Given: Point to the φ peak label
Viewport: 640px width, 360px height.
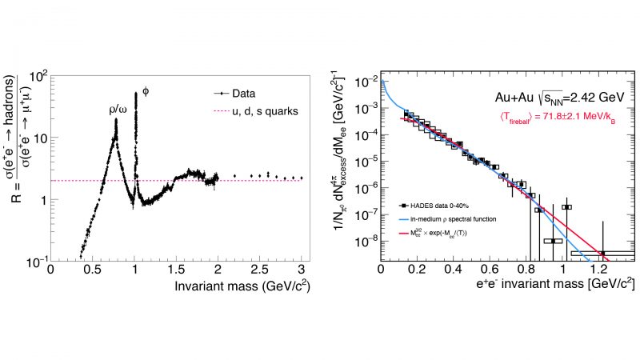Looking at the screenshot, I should pyautogui.click(x=146, y=90).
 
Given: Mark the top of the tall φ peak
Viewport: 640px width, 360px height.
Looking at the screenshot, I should pyautogui.click(x=136, y=93).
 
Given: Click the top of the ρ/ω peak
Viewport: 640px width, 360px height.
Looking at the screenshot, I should pyautogui.click(x=117, y=120).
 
